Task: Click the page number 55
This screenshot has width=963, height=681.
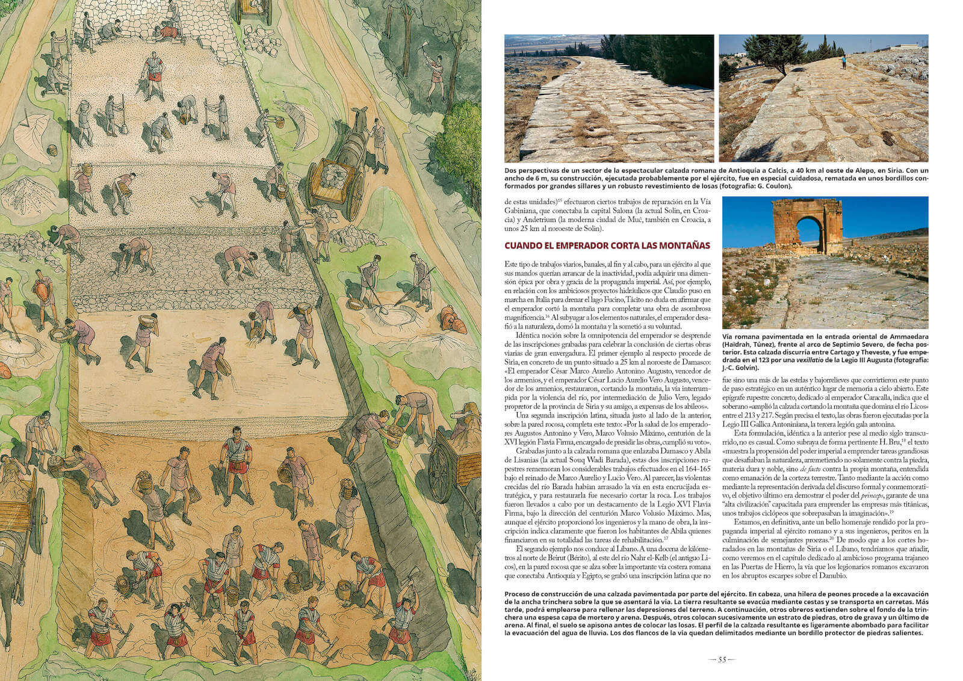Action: (x=722, y=659)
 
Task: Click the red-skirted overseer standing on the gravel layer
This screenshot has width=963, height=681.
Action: (x=153, y=72)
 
